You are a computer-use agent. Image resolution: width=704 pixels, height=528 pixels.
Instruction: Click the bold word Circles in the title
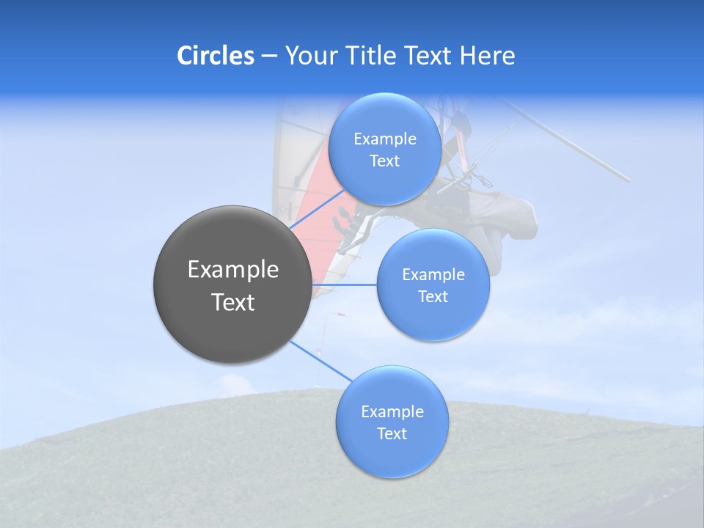(x=216, y=56)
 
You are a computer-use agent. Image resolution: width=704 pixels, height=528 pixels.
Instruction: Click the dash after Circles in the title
(x=268, y=56)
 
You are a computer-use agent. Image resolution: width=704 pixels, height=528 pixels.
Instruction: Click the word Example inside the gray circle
(x=233, y=270)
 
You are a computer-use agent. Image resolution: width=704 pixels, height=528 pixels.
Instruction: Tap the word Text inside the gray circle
(x=233, y=302)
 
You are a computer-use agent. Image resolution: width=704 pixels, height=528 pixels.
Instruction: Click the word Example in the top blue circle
(x=384, y=139)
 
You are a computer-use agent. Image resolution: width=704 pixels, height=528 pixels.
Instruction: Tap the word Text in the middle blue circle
(x=433, y=297)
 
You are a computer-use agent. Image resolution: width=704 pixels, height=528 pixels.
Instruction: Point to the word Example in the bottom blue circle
(x=392, y=412)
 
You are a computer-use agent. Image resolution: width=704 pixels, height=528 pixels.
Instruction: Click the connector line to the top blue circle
(x=317, y=210)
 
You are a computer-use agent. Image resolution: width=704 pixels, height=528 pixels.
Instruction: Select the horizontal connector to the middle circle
(x=345, y=285)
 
